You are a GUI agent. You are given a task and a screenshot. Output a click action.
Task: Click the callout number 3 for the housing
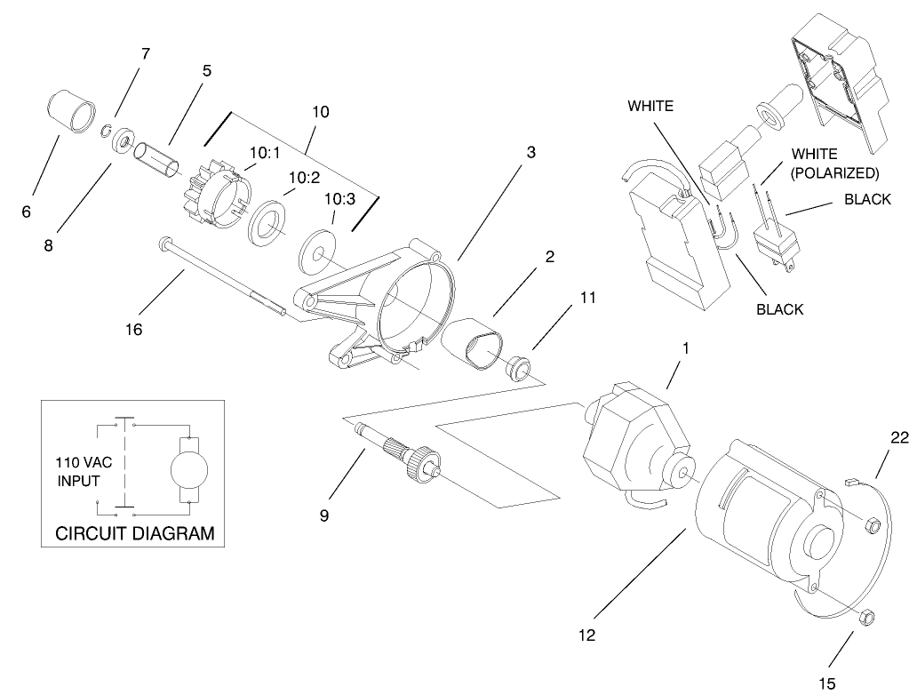tap(530, 152)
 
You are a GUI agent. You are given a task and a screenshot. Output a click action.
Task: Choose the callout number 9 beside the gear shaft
tap(323, 515)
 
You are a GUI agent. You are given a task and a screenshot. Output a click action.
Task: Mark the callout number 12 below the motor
tap(586, 635)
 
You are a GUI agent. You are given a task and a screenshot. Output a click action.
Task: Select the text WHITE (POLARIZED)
tap(834, 164)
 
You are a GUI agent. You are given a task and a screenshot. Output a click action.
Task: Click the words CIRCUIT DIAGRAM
tap(135, 534)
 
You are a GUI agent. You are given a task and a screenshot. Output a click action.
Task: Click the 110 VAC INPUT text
tap(79, 471)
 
